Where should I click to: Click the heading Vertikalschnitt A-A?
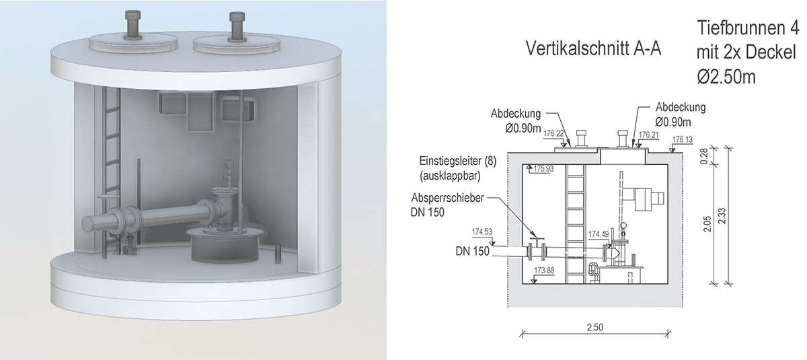592,49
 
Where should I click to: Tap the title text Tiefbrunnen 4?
747,29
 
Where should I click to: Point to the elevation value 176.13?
683,139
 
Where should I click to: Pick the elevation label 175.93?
544,169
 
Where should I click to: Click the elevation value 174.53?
482,231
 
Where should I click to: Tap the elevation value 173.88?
545,271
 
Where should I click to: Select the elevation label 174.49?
599,234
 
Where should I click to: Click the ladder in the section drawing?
576,222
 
